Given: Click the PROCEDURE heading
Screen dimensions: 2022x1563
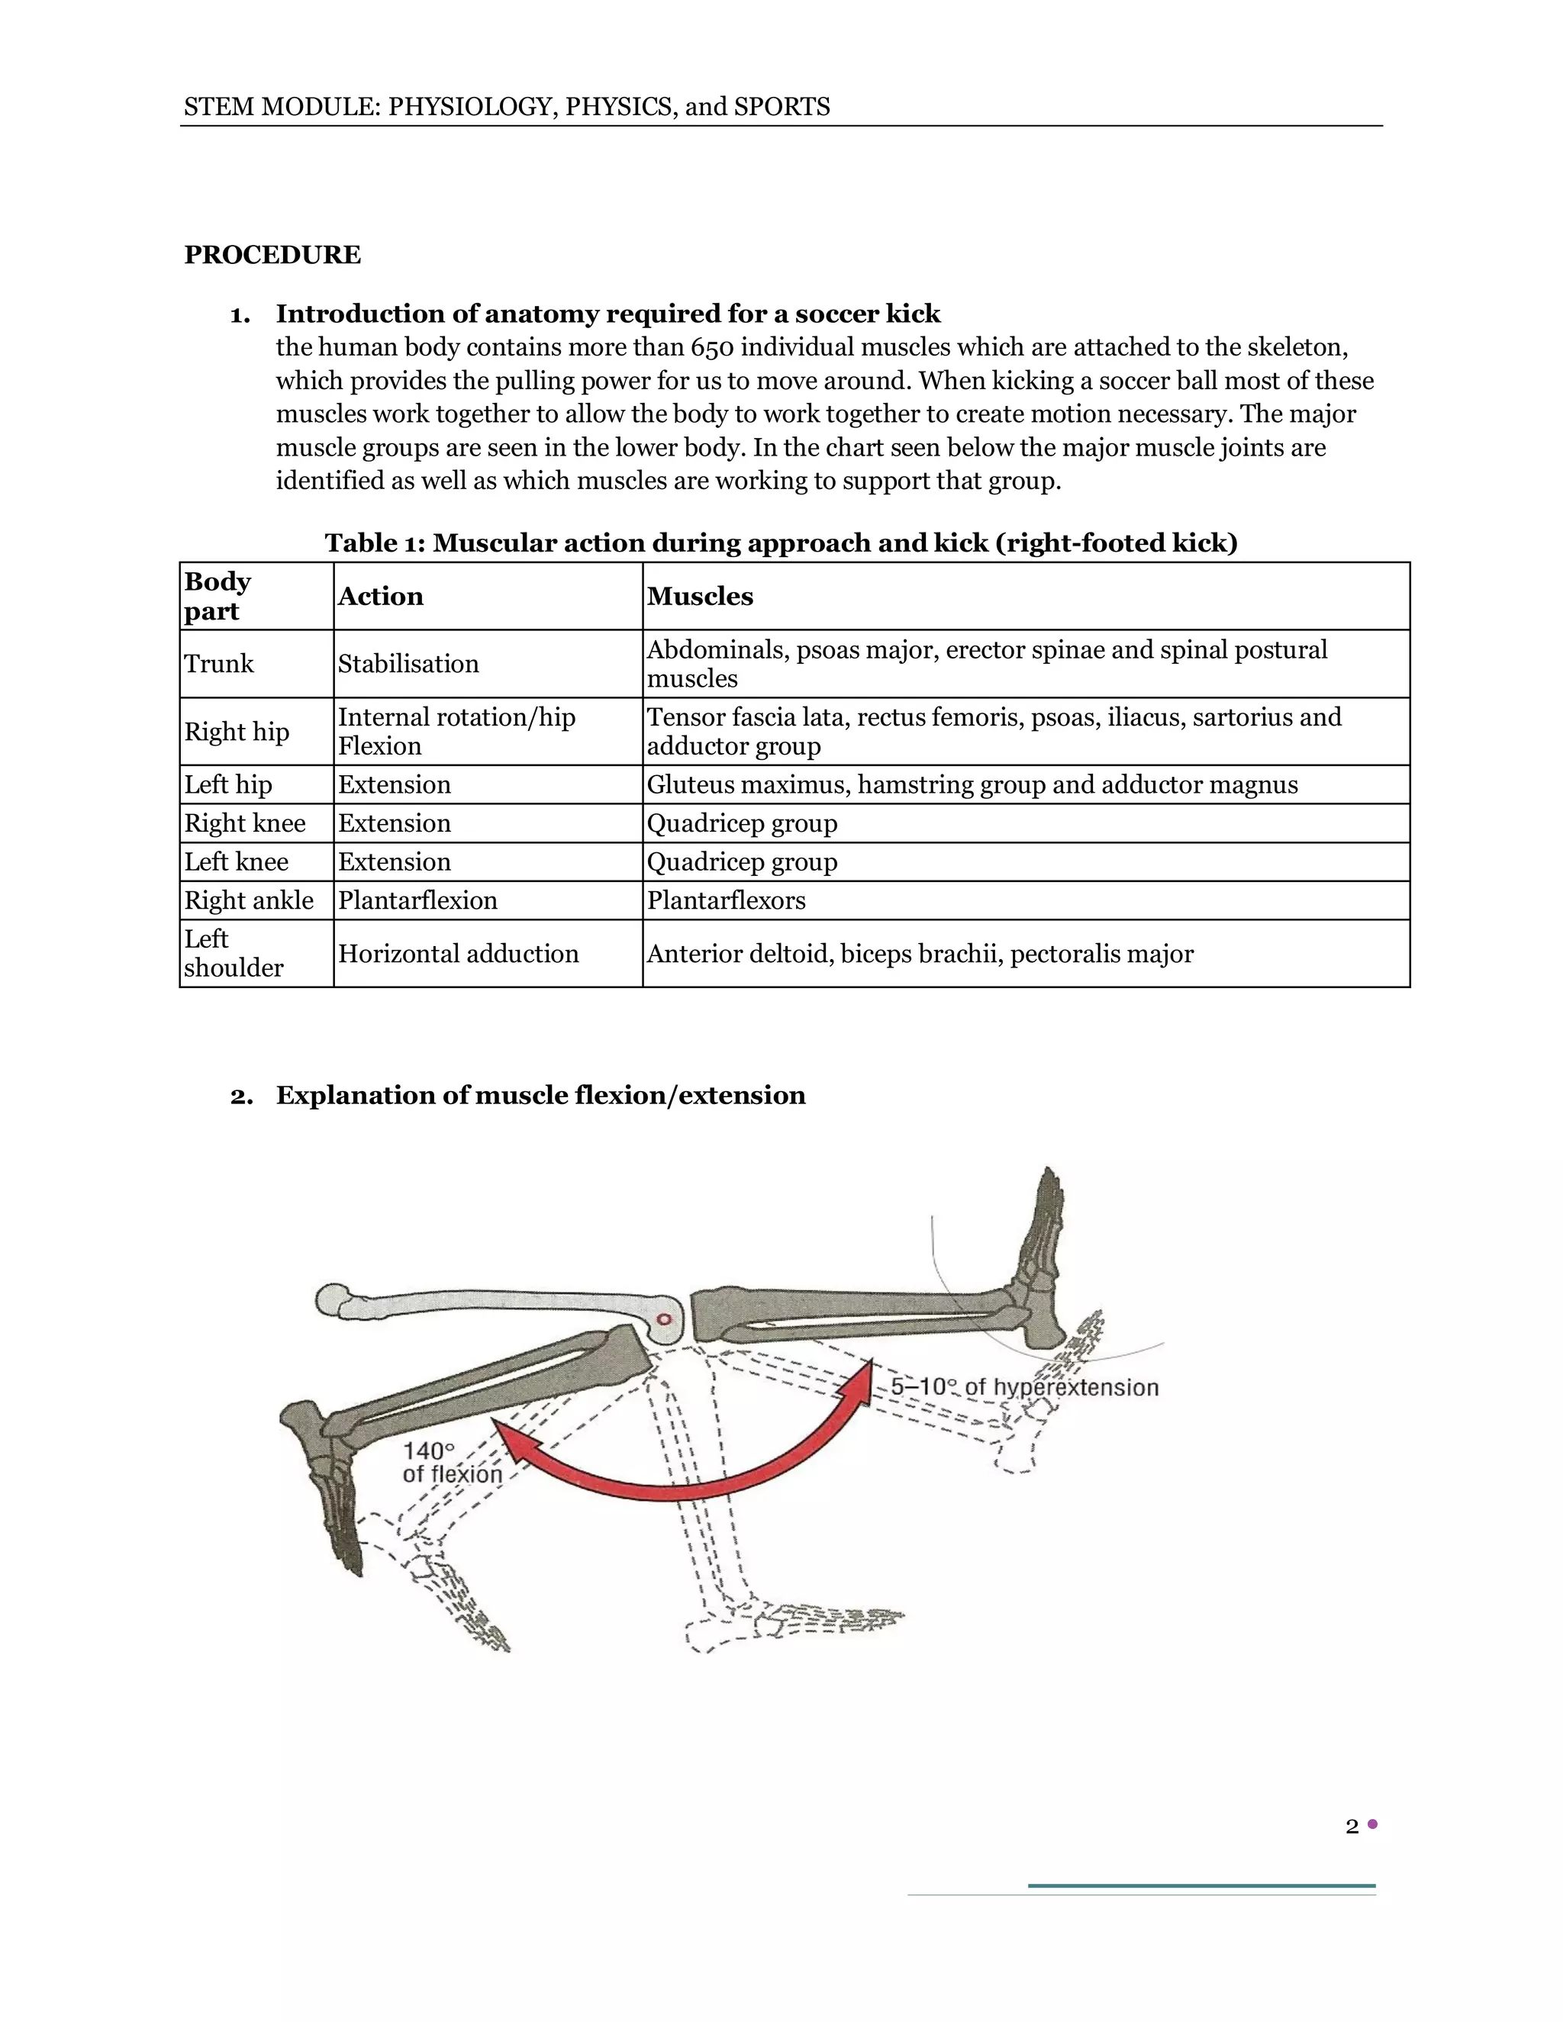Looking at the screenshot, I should pyautogui.click(x=272, y=255).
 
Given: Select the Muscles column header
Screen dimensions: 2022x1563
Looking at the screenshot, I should pyautogui.click(x=700, y=596).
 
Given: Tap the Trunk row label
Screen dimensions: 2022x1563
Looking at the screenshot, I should pyautogui.click(x=218, y=664).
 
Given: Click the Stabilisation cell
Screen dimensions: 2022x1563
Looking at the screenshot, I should pyautogui.click(x=408, y=664).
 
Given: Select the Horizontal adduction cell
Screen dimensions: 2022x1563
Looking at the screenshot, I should pyautogui.click(x=459, y=954).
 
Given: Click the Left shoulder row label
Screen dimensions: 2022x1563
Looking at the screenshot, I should pyautogui.click(x=234, y=954).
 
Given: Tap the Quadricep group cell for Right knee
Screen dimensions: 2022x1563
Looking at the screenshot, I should pyautogui.click(x=742, y=823).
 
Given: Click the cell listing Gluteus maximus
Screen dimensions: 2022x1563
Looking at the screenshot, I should pyautogui.click(x=972, y=784).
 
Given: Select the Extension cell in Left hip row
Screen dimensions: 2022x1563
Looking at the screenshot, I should pyautogui.click(x=395, y=784).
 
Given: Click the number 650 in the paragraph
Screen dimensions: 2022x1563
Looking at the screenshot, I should pyautogui.click(x=711, y=347).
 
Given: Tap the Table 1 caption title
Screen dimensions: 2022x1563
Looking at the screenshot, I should pyautogui.click(x=781, y=543).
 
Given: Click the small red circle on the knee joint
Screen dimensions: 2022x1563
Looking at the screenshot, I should pyautogui.click(x=663, y=1319).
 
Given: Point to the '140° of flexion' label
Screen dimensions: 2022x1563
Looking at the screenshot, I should pyautogui.click(x=451, y=1463).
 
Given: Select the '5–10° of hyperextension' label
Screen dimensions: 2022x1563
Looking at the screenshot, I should pyautogui.click(x=1024, y=1387).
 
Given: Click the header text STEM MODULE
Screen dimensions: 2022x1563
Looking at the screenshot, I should pyautogui.click(x=507, y=108).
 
